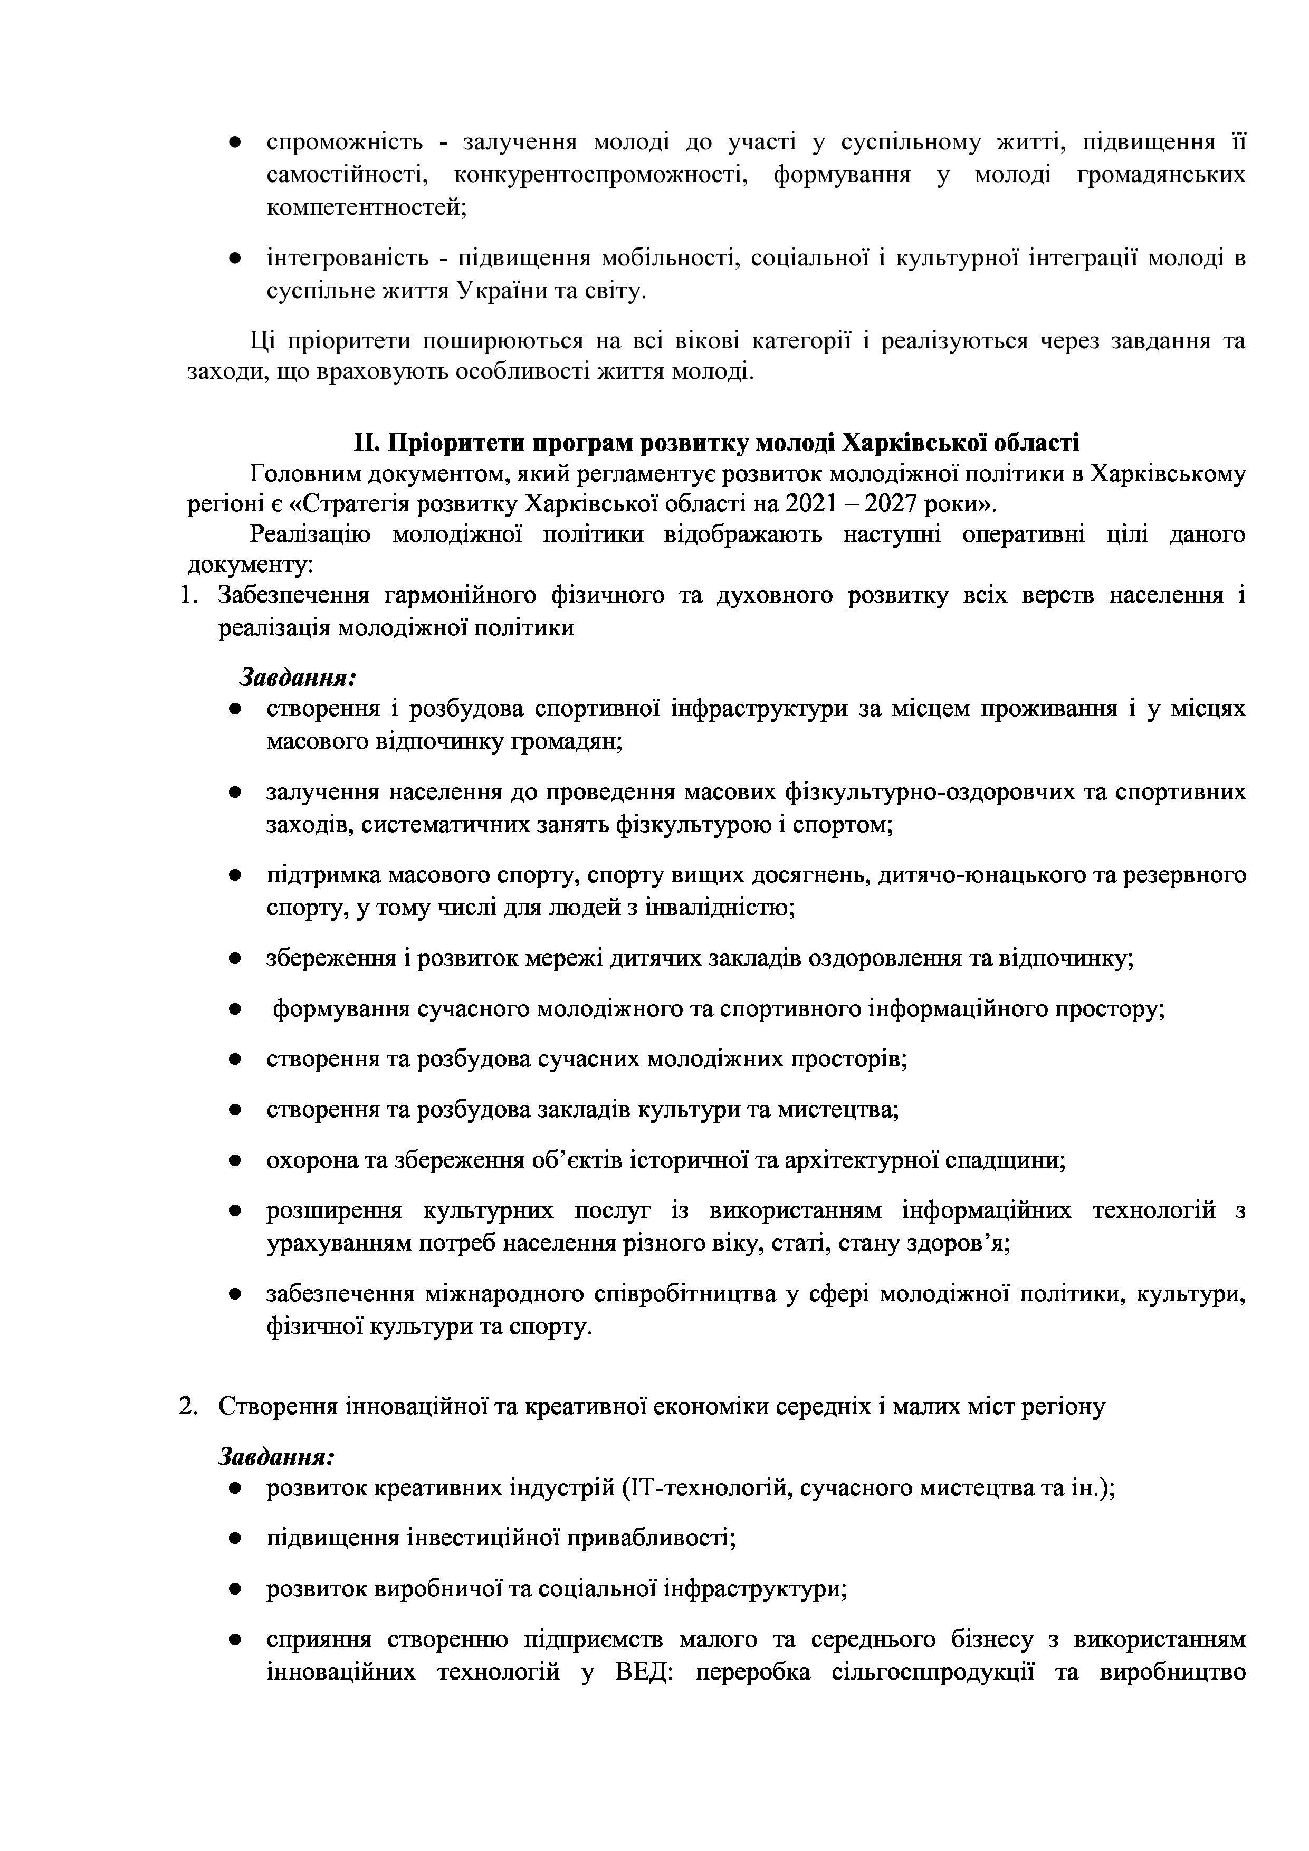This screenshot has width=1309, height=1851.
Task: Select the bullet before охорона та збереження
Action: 235,1161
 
